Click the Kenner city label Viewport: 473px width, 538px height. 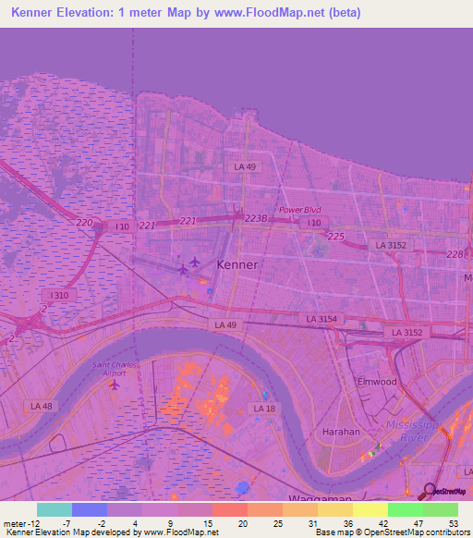(236, 263)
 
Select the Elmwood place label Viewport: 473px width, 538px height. (377, 381)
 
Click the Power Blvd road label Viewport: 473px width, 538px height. (299, 210)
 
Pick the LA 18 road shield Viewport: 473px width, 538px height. (265, 408)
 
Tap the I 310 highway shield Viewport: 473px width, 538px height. (57, 295)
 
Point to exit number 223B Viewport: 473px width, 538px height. (256, 218)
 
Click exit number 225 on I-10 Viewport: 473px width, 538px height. (335, 237)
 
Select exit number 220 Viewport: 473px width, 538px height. (85, 223)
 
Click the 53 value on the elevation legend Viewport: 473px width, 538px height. (453, 523)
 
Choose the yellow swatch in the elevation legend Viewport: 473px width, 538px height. (370, 509)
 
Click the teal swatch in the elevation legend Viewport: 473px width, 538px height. (54, 509)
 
